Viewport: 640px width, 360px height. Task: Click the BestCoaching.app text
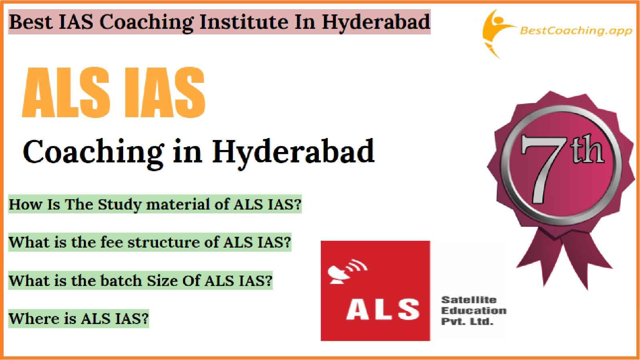coord(576,31)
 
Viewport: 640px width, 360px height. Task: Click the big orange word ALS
coord(66,92)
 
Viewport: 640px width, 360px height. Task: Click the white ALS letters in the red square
coord(383,309)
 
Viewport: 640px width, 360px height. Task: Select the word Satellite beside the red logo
coord(469,300)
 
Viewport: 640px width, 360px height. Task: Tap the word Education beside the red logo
coord(474,310)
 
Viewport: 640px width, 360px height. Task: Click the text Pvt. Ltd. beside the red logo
coord(468,322)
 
